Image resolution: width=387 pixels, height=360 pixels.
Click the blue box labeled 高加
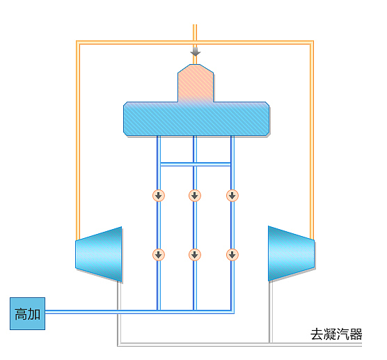(x=27, y=313)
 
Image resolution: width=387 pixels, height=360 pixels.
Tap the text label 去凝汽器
(x=336, y=334)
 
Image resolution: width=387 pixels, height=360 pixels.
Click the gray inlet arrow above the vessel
(x=196, y=52)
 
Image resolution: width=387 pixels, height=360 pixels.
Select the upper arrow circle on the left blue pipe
(x=159, y=196)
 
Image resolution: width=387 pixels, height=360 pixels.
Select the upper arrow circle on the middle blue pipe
(x=195, y=196)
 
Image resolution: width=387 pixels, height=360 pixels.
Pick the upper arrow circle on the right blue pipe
(x=232, y=196)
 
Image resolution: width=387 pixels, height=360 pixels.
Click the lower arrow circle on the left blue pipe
(x=159, y=255)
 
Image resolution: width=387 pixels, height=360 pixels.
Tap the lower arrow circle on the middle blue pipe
(x=195, y=255)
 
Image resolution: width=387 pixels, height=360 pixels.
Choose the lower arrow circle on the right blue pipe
(x=232, y=255)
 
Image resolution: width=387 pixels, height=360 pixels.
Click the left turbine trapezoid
(x=99, y=254)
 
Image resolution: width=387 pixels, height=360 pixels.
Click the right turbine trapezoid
(x=291, y=253)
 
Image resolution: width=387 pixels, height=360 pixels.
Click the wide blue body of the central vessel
(x=196, y=119)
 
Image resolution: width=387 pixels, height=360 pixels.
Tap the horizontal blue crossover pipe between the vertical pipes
(x=195, y=164)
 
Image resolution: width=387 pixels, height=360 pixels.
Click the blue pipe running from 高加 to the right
(x=140, y=312)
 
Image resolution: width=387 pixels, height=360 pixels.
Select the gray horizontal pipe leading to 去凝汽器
(x=239, y=345)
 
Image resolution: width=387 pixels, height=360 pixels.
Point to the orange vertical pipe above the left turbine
(x=78, y=140)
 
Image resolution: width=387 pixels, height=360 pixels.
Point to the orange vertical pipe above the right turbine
(x=312, y=140)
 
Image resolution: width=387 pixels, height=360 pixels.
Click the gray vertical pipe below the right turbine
(x=271, y=312)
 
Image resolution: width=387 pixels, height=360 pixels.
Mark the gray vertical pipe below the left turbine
(x=119, y=313)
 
